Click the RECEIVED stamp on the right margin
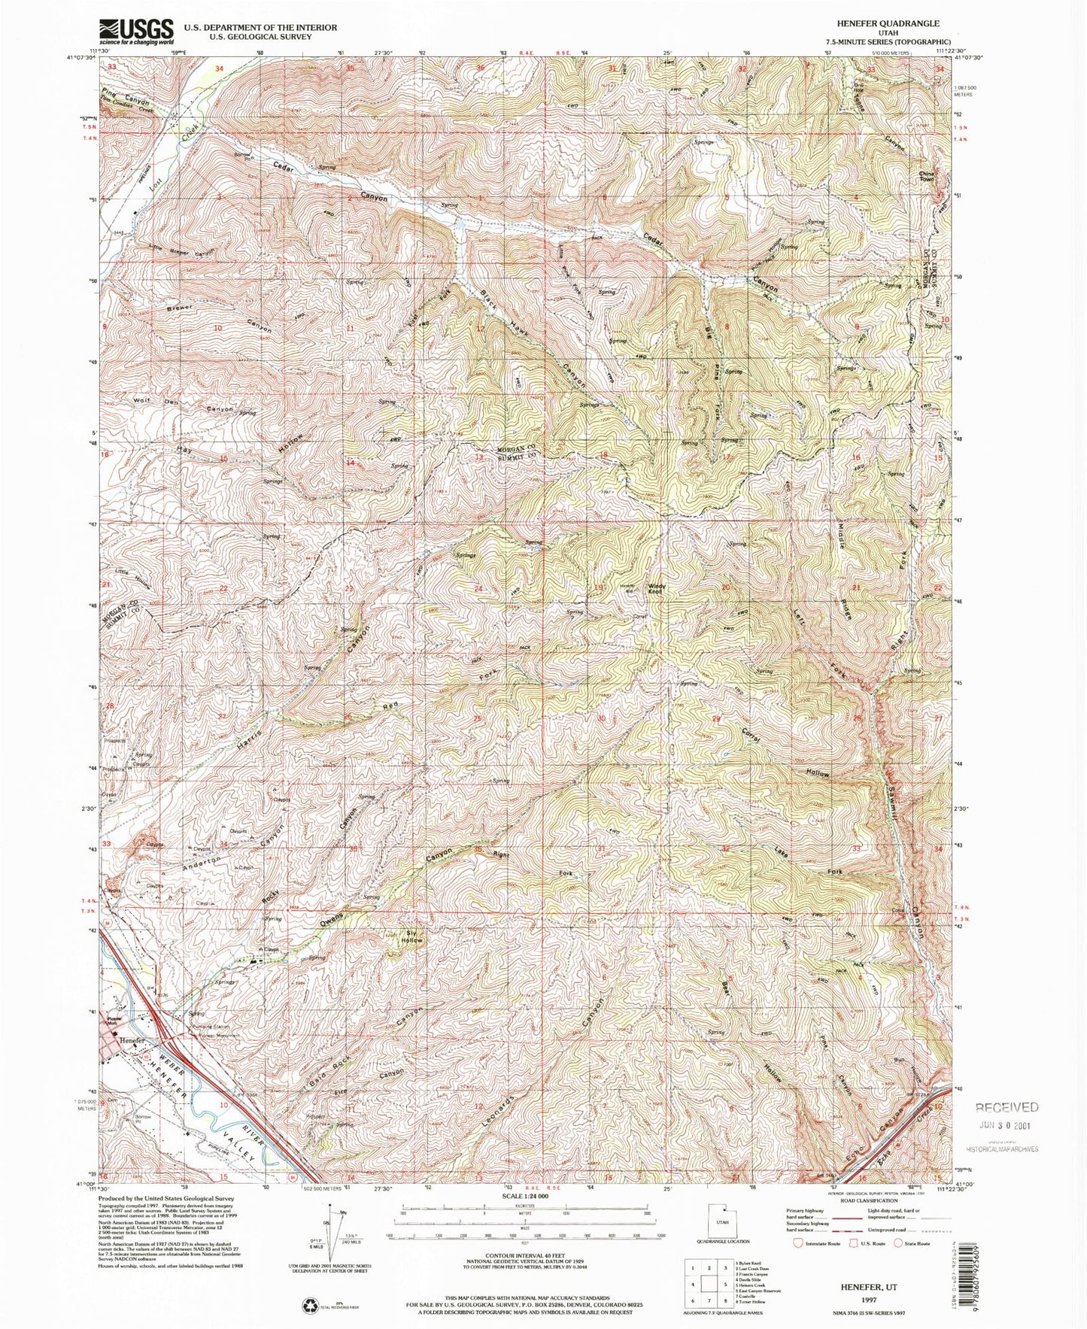(1007, 1108)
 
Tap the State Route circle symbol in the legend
(898, 1243)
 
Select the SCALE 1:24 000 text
(521, 1196)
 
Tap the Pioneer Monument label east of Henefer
(218, 1036)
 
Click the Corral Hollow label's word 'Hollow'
(818, 772)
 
